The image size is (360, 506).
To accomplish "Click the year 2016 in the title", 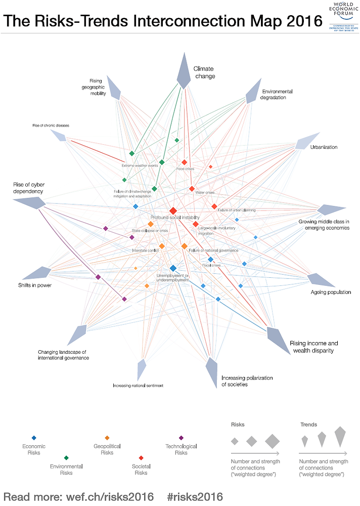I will [298, 21].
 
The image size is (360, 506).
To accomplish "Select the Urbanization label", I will [324, 147].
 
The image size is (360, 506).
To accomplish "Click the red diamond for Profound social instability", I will [173, 210].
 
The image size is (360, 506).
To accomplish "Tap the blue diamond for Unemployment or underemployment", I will [173, 268].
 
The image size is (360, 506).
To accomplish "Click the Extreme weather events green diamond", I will [131, 153].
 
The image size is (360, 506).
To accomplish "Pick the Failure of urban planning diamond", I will [214, 206].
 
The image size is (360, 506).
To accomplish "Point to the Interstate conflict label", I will [146, 250].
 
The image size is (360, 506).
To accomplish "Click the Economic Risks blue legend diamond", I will [34, 438].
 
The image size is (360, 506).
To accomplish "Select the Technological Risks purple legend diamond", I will [181, 438].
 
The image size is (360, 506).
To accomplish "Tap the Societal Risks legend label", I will [141, 470].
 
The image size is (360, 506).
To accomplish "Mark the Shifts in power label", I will [35, 285].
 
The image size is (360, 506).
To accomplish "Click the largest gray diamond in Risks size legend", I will [272, 441].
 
